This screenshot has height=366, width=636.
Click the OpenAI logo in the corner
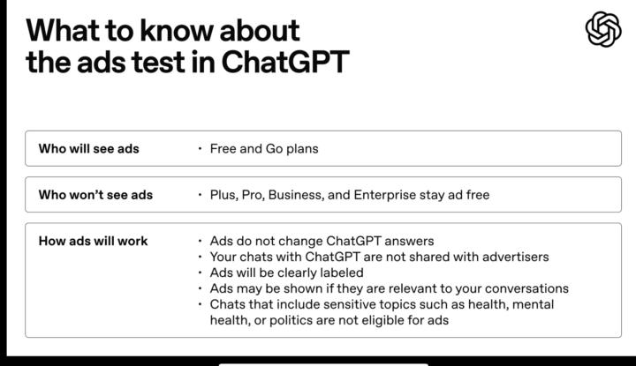coord(603,30)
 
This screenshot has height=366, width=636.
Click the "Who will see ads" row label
coord(88,148)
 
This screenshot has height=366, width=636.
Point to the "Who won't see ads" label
coord(95,194)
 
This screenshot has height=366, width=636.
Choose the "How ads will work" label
coord(93,241)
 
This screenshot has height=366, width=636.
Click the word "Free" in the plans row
coord(224,148)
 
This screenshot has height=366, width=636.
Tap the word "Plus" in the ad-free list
coord(223,194)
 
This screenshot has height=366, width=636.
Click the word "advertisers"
coord(512,257)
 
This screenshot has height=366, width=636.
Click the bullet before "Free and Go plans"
coord(201,148)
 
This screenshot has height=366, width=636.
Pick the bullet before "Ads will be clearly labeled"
coord(201,273)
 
